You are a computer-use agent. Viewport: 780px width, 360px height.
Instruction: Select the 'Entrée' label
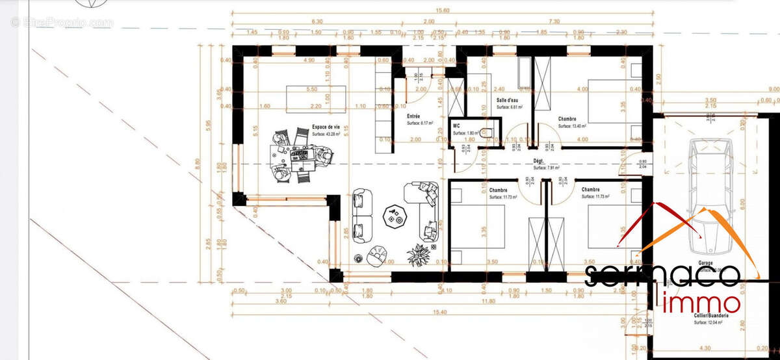pyautogui.click(x=413, y=116)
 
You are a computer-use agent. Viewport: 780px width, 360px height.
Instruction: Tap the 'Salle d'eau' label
pyautogui.click(x=507, y=100)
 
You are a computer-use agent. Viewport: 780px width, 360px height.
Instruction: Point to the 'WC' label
pyautogui.click(x=456, y=124)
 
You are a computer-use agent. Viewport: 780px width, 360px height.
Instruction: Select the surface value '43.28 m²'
pyautogui.click(x=327, y=135)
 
